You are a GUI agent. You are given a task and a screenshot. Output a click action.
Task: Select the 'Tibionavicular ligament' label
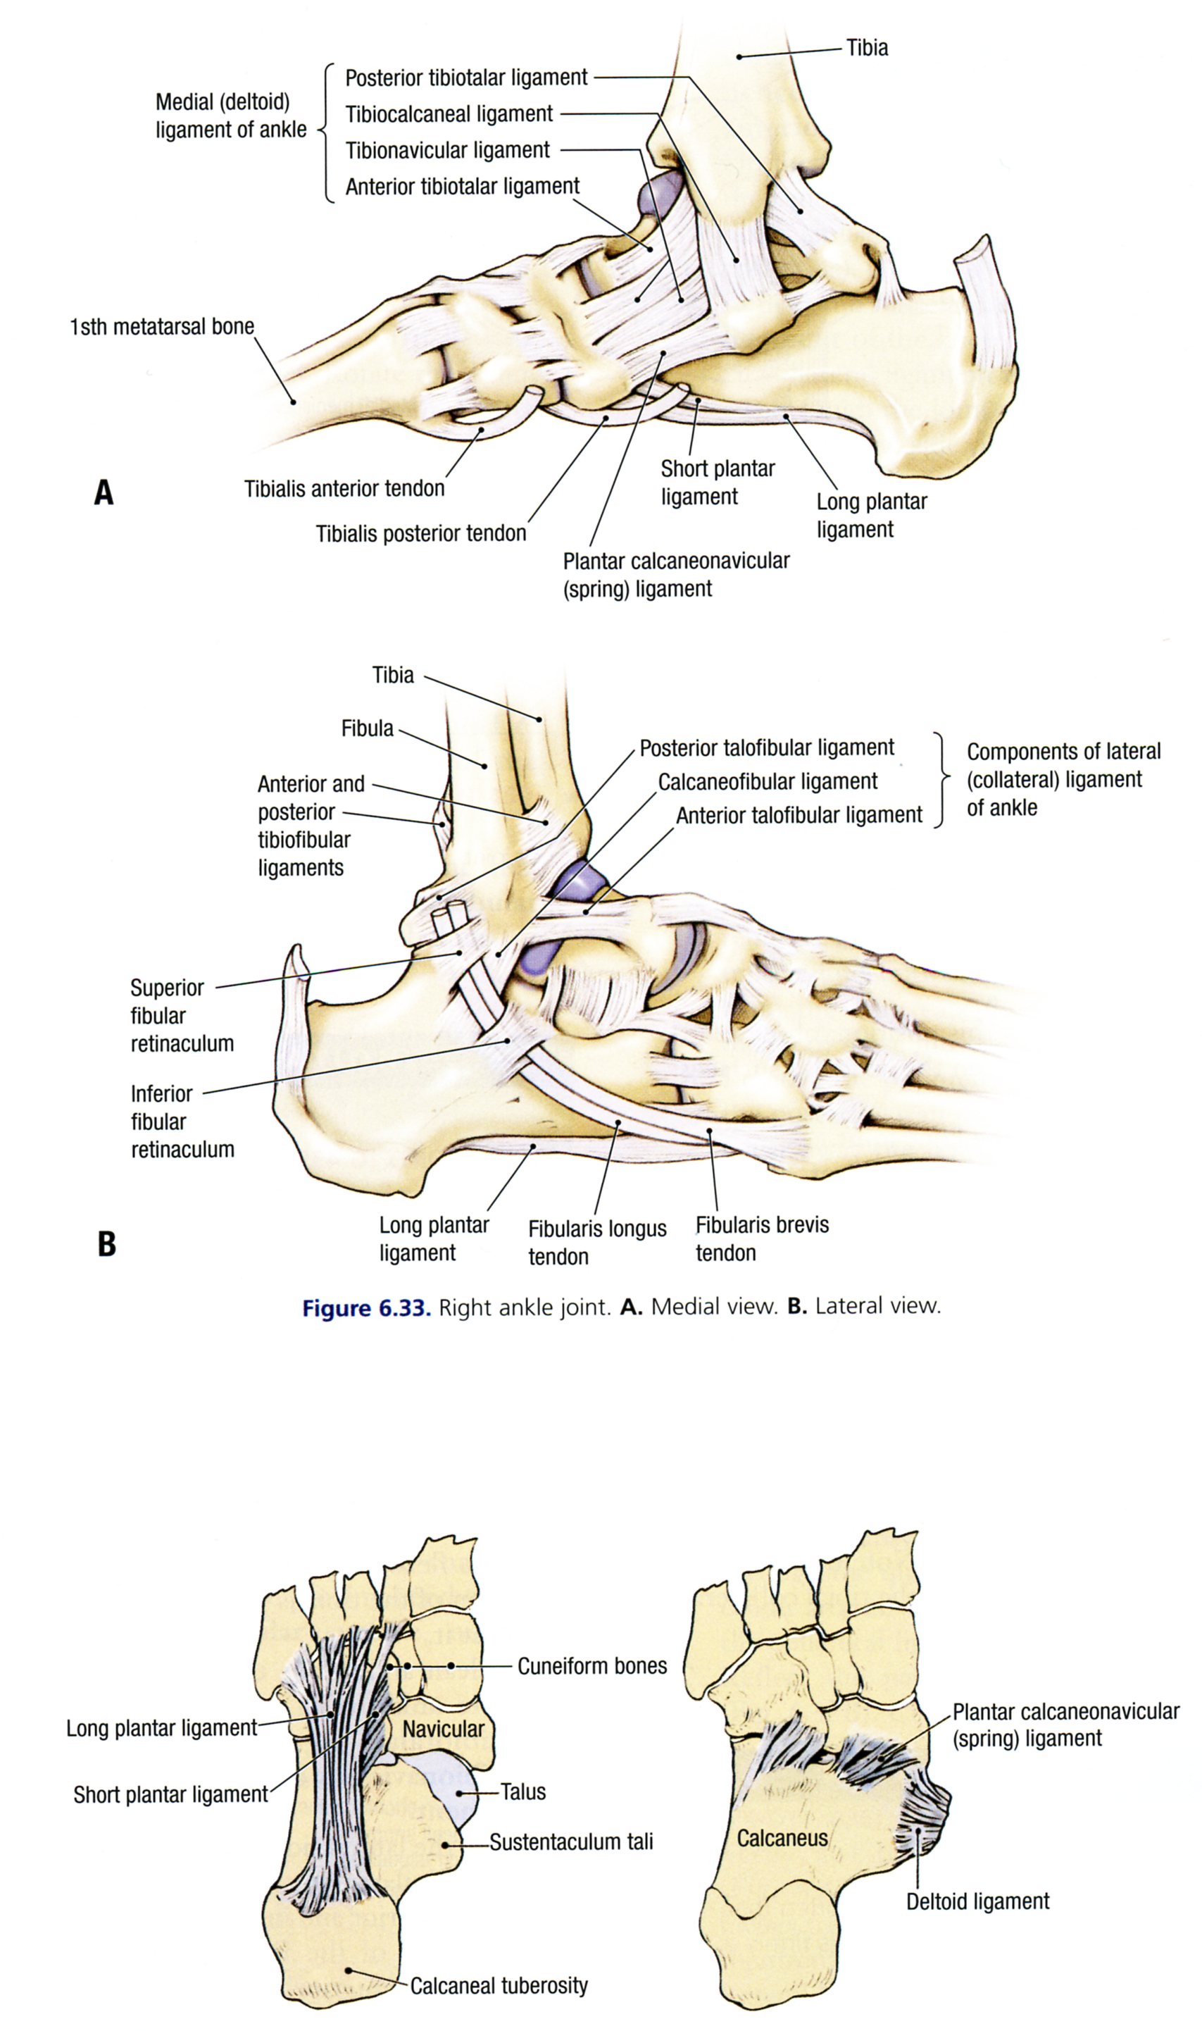[x=447, y=151]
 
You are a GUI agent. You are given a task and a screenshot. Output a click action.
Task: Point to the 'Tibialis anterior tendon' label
[x=344, y=488]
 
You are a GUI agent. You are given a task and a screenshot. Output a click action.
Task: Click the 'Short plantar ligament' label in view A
[x=717, y=482]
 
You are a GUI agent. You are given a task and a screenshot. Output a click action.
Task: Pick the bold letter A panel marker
[x=104, y=492]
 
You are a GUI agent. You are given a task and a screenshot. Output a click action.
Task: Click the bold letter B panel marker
[x=106, y=1243]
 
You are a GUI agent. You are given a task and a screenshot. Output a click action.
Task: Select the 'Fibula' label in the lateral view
[x=367, y=728]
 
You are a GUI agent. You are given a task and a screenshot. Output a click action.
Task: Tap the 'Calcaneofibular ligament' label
[x=767, y=782]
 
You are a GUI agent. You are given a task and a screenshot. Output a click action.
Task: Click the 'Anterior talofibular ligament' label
[x=799, y=815]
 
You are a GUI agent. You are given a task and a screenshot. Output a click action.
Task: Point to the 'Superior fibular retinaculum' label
[x=182, y=1015]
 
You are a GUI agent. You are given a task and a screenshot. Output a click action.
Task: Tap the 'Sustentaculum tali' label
[x=570, y=1841]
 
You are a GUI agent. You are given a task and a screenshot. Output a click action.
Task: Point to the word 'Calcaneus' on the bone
[x=782, y=1838]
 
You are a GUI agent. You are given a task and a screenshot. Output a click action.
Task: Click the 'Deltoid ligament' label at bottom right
[x=977, y=1901]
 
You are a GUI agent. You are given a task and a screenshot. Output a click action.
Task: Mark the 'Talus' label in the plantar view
[x=522, y=1791]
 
